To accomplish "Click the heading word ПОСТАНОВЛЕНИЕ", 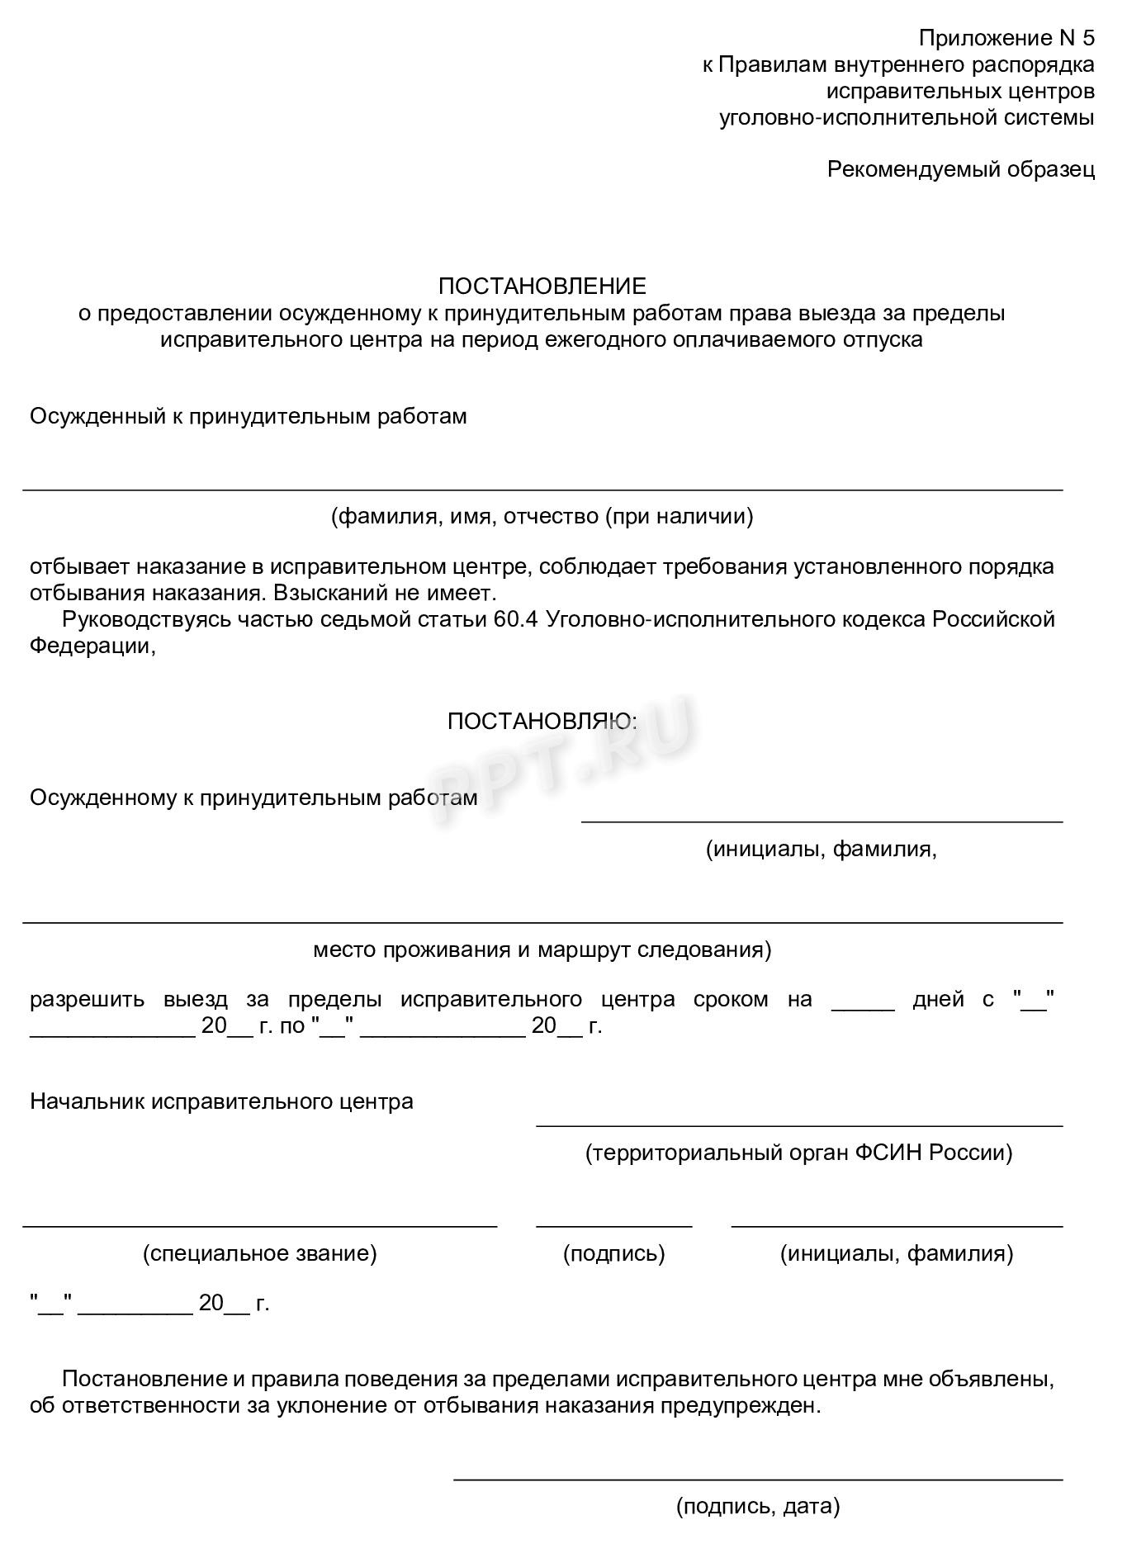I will tap(542, 286).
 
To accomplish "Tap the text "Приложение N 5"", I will tap(1006, 38).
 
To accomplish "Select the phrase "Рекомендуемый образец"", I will tap(960, 169).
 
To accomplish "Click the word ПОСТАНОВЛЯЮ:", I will tap(542, 722).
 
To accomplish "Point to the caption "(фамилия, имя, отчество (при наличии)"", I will tap(542, 517).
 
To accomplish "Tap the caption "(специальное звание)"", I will tap(259, 1253).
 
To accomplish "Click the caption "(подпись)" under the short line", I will tap(613, 1253).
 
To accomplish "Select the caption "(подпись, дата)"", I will tap(757, 1507).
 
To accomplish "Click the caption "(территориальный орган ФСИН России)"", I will tap(798, 1152).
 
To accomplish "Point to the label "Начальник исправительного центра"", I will tap(221, 1101).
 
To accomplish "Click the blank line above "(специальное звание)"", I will tap(259, 1226).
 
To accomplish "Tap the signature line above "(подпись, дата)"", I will tap(757, 1480).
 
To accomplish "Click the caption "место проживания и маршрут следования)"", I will tap(542, 949).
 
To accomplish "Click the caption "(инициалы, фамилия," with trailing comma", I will tap(821, 849).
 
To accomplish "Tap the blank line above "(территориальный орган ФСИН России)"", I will tap(798, 1125).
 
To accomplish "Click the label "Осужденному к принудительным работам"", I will tap(253, 798).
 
